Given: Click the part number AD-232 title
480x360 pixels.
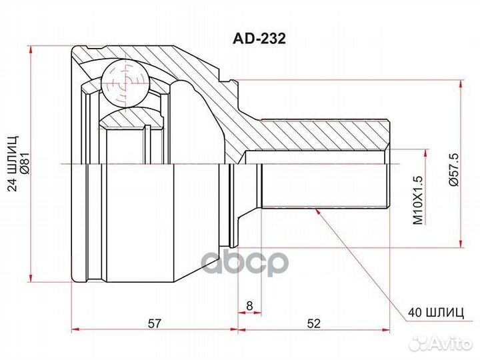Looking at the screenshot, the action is [x=259, y=39].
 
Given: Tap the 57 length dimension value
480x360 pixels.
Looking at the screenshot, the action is [x=154, y=323].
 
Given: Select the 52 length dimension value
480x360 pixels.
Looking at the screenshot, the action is [x=314, y=323].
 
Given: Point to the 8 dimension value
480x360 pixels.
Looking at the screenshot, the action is [x=249, y=305].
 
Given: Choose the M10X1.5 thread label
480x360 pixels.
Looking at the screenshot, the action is [x=418, y=200].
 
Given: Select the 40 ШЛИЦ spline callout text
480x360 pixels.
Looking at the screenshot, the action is [x=436, y=313].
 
